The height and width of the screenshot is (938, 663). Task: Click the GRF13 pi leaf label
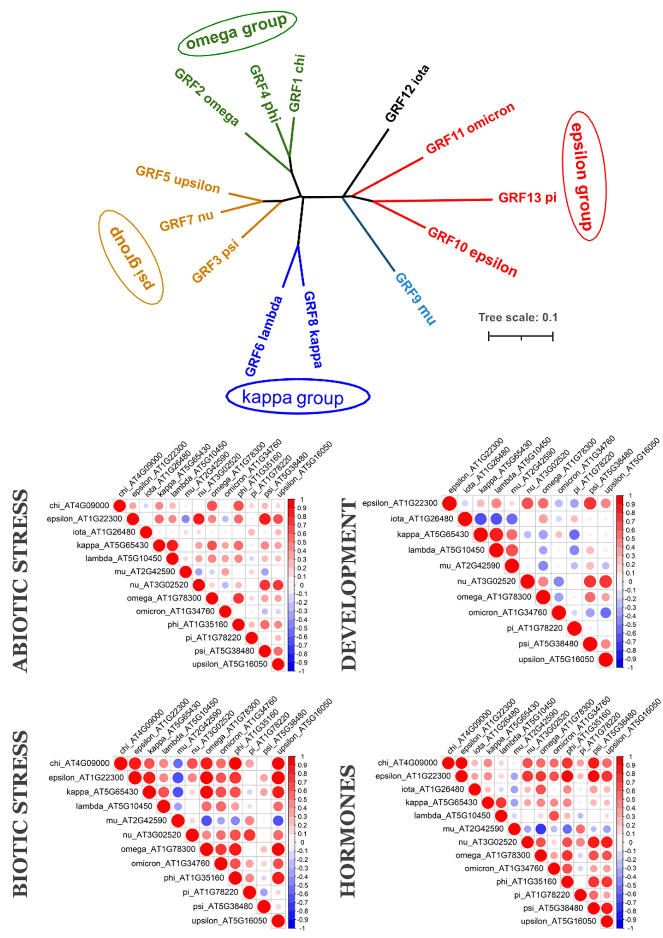pos(527,198)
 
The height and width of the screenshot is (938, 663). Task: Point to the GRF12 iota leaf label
pos(407,94)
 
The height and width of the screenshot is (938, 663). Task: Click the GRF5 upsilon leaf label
pos(178,179)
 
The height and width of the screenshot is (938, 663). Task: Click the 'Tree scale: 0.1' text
pos(518,317)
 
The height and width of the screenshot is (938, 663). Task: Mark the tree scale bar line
pos(521,336)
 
